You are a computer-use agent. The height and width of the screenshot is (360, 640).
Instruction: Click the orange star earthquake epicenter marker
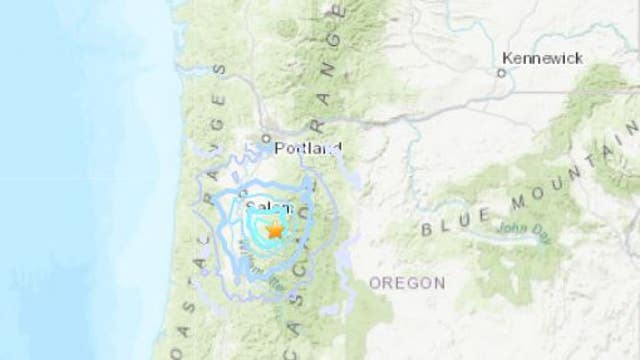pyautogui.click(x=274, y=229)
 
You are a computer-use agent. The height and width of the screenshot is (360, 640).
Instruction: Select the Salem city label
pyautogui.click(x=268, y=208)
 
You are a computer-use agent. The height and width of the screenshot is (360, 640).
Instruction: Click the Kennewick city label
pyautogui.click(x=544, y=58)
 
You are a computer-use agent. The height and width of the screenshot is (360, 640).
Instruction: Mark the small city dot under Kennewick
pyautogui.click(x=503, y=72)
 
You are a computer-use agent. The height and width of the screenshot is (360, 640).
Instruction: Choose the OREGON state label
pyautogui.click(x=407, y=283)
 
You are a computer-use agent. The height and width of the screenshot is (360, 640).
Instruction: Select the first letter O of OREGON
pyautogui.click(x=375, y=283)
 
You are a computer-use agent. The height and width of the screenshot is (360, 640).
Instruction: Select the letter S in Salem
pyautogui.click(x=251, y=208)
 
